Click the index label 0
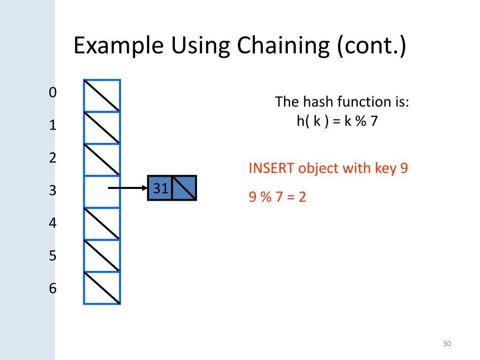52,92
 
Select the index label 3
52,190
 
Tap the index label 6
52,288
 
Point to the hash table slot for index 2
102,159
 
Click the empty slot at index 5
102,256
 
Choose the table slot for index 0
102,96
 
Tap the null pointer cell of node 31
184,188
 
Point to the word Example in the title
119,46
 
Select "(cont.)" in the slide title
371,46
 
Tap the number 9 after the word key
404,168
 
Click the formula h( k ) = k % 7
337,121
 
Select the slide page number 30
446,344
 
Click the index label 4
52,223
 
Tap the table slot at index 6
102,288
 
